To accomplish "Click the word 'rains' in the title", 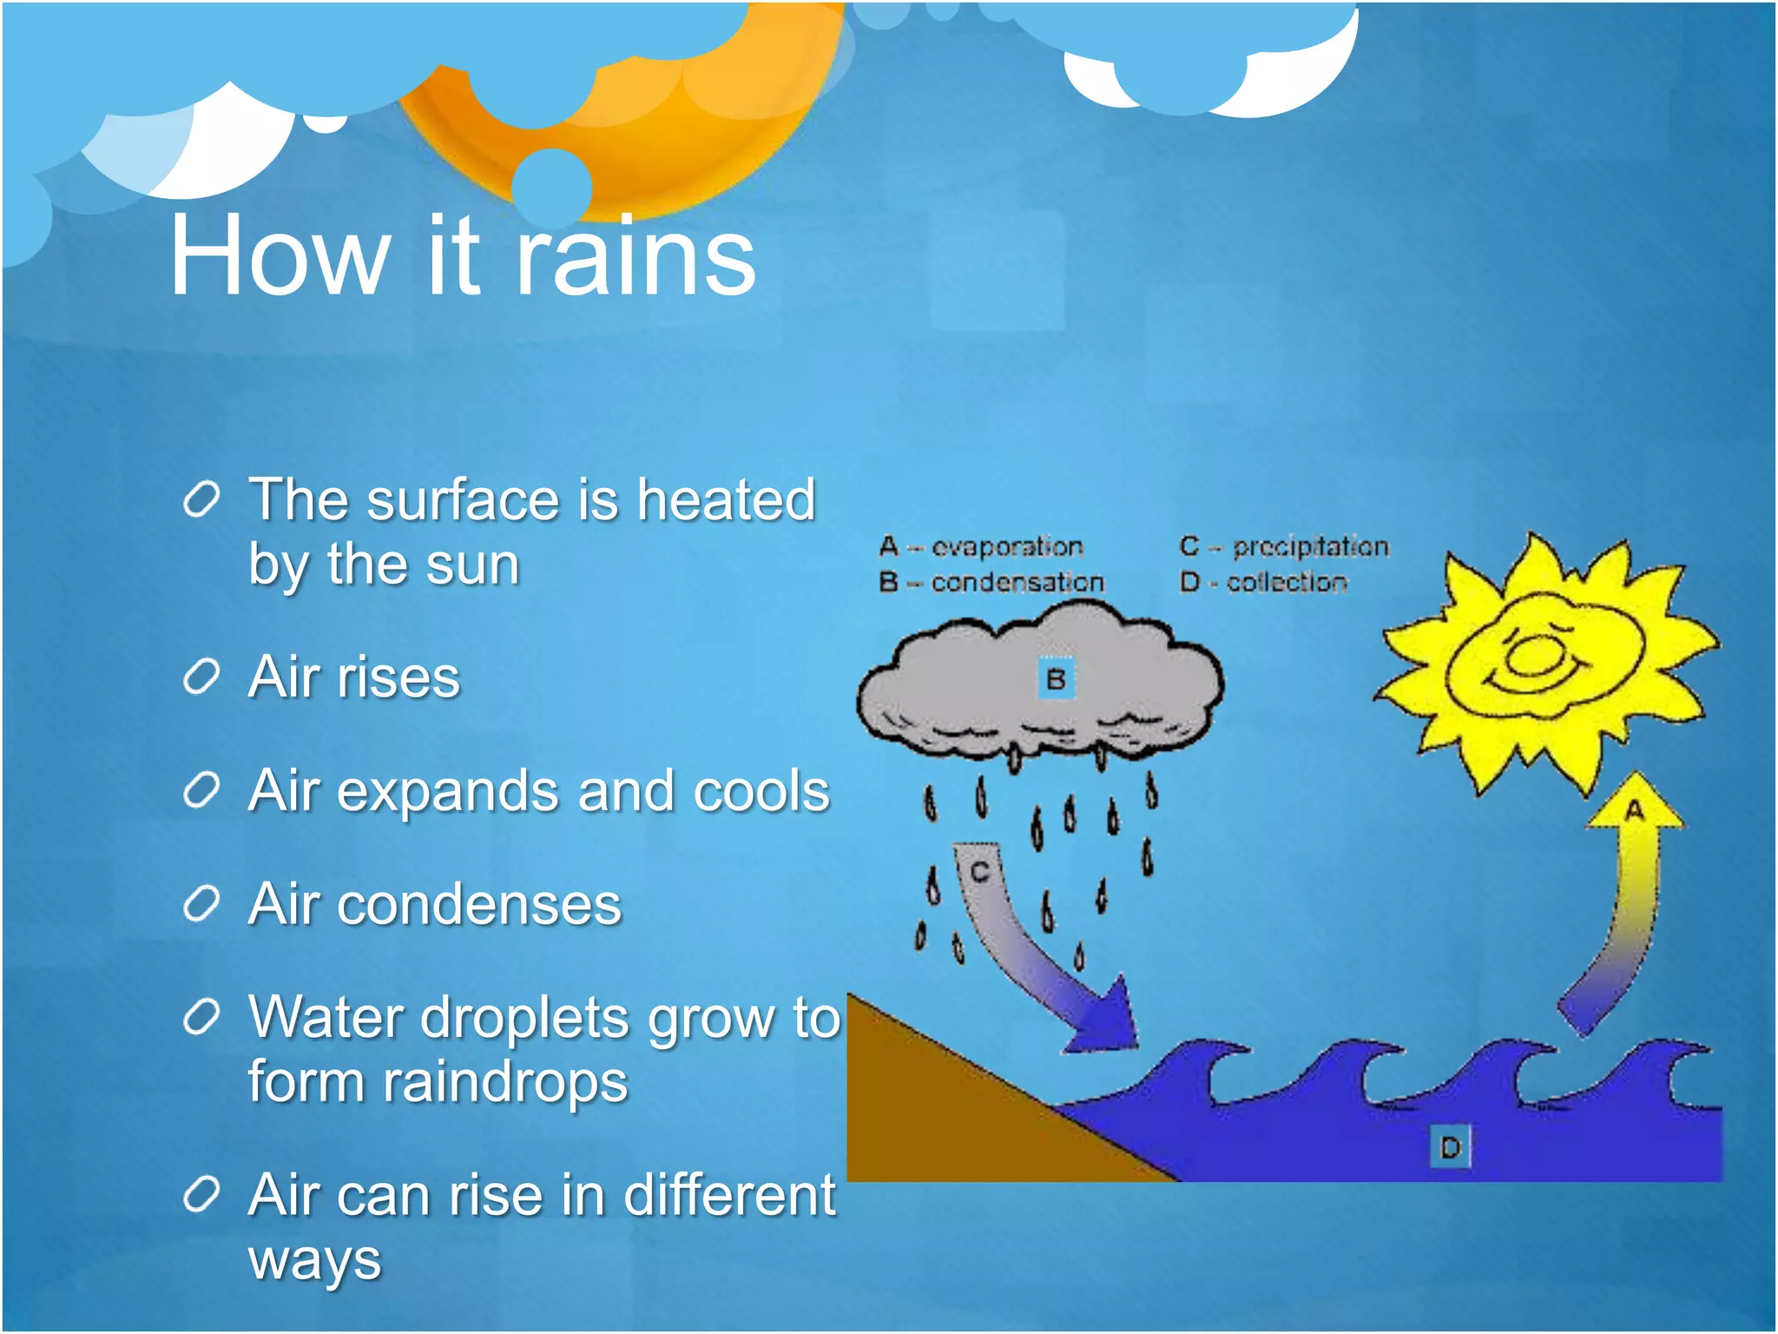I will point(635,257).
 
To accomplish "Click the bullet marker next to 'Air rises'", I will point(201,677).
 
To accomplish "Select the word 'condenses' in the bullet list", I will point(479,905).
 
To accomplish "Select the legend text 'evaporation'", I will point(1007,547).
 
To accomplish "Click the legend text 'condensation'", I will point(1017,583).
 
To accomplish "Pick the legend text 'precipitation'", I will point(1311,547).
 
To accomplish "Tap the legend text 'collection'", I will point(1287,583).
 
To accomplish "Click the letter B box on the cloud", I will point(1057,679).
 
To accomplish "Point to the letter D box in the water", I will point(1450,1148).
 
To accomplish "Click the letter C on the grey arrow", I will point(980,871).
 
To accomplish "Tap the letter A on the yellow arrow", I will point(1635,811).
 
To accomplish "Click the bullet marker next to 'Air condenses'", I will point(201,905).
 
